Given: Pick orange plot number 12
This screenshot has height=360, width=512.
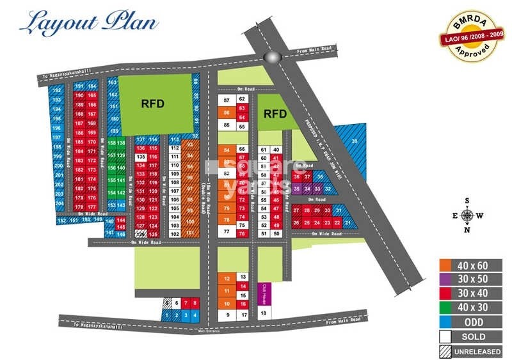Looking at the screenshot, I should [227, 279].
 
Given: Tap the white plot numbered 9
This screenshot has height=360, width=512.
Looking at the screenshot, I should [227, 315].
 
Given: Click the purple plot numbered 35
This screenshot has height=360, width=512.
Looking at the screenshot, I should [296, 189].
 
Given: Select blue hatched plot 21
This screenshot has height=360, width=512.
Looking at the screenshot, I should [348, 222].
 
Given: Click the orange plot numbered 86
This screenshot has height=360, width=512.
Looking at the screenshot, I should [227, 113].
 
